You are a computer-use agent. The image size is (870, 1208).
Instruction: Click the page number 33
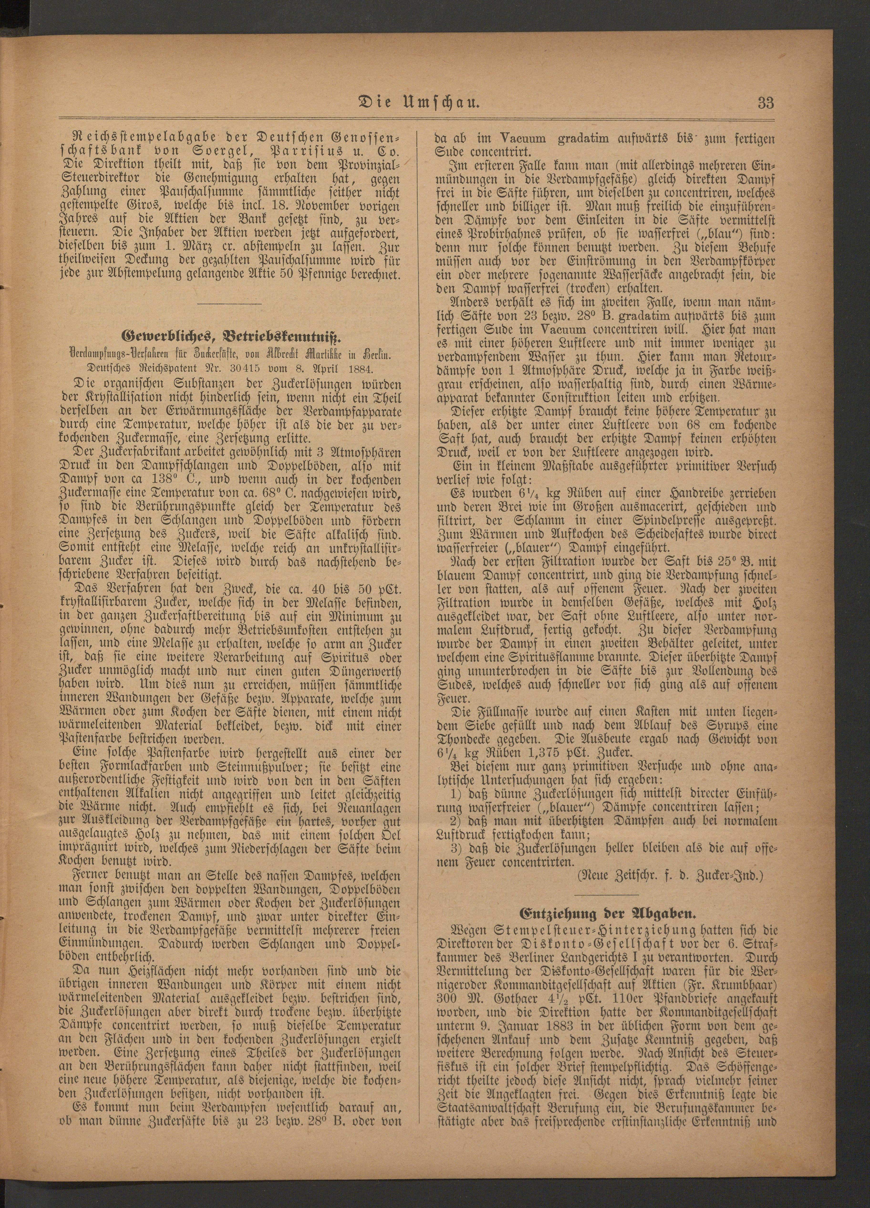766,103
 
